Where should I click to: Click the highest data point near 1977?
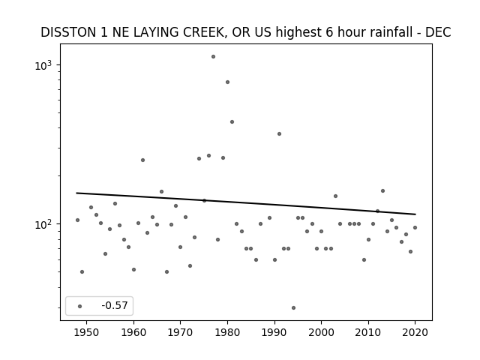[x=213, y=57]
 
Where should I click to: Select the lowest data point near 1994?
[x=293, y=308]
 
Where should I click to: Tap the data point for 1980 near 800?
[x=227, y=82]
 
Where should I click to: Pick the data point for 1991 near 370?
[x=279, y=133]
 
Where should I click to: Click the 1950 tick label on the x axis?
[x=87, y=332]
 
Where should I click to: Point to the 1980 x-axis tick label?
[x=227, y=332]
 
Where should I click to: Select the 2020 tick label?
[x=415, y=332]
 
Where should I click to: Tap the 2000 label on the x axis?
[x=321, y=332]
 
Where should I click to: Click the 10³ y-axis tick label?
[x=43, y=65]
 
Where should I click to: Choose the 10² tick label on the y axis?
[x=43, y=224]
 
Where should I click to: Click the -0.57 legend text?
[x=115, y=305]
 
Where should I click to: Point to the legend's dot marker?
[x=80, y=306]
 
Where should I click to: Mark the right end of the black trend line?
[x=415, y=214]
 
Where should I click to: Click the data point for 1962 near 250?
[x=142, y=160]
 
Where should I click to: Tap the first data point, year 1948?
[x=77, y=220]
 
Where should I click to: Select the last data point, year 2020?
[x=415, y=227]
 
